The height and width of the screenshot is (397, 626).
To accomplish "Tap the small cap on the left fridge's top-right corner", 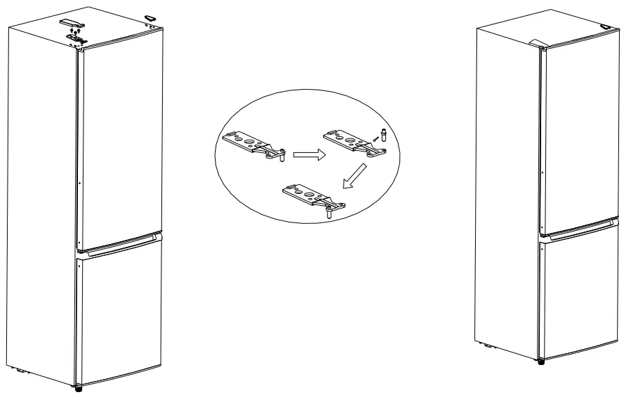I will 150,17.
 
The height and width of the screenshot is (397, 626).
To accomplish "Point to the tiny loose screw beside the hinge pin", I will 375,140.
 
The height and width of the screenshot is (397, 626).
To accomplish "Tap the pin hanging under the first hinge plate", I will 282,159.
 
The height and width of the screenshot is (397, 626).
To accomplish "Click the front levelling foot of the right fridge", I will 542,360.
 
